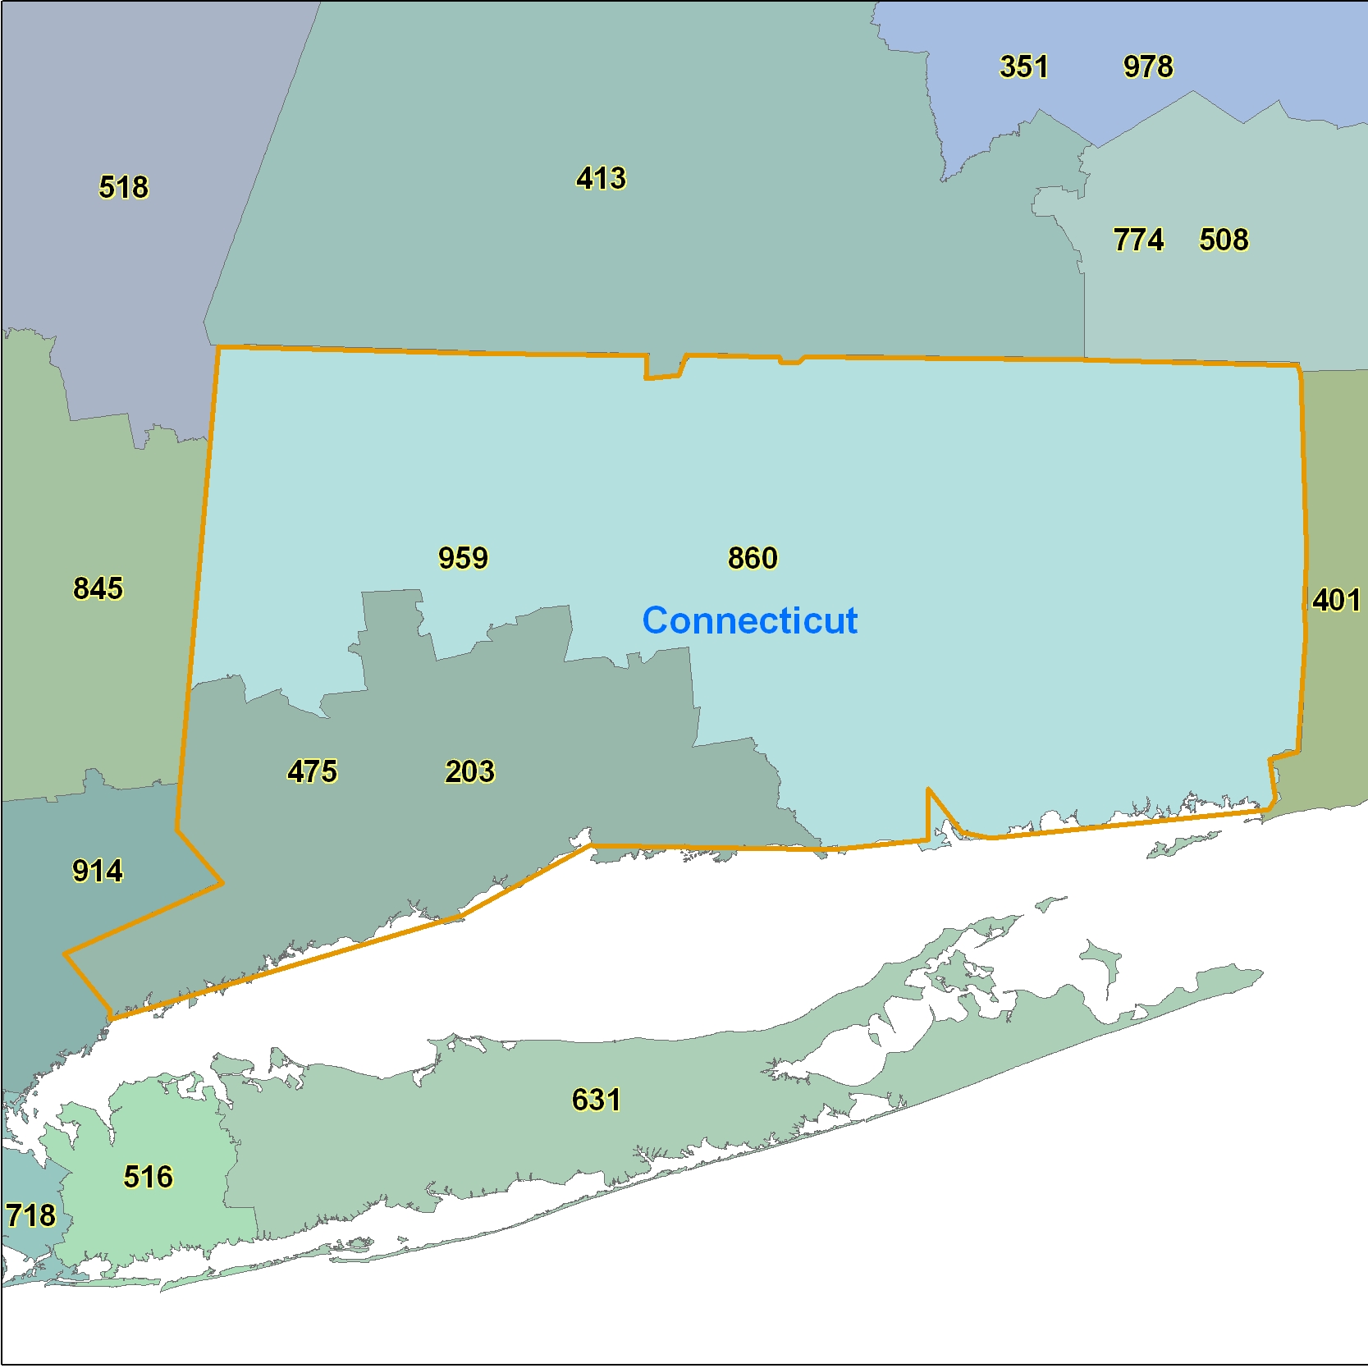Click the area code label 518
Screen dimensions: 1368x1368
(x=124, y=187)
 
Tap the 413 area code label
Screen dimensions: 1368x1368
(x=601, y=178)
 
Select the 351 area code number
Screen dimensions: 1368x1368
(x=1023, y=66)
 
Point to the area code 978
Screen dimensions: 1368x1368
(x=1148, y=66)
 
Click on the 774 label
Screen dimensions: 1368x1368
(x=1138, y=240)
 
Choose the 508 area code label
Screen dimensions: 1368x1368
(x=1224, y=240)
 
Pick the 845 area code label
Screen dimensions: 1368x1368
(x=98, y=588)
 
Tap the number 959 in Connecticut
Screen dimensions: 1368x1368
(x=463, y=558)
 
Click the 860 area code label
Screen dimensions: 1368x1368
(x=753, y=558)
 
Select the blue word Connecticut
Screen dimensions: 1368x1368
(x=749, y=620)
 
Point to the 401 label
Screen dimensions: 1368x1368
(x=1336, y=600)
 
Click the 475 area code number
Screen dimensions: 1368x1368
(x=312, y=771)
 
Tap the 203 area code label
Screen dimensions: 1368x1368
(x=469, y=771)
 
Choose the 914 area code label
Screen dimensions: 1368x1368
(x=98, y=871)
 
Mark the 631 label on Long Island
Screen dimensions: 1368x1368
(x=596, y=1100)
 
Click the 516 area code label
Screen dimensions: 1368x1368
(x=149, y=1177)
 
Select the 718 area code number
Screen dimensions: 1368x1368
(x=30, y=1215)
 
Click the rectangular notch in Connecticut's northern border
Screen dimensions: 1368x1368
(x=664, y=367)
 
